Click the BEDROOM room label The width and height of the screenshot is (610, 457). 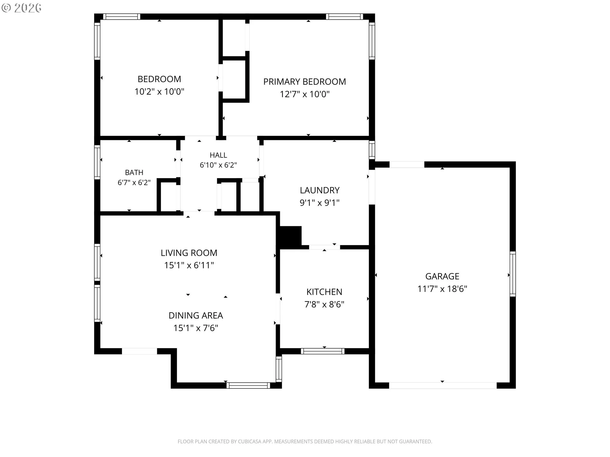159,79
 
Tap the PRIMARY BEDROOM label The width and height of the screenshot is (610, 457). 304,82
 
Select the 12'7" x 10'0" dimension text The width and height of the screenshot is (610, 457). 304,94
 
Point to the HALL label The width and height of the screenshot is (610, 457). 218,155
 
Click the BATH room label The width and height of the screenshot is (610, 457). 134,173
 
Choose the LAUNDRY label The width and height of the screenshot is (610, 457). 320,190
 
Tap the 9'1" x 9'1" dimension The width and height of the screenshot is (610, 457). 320,203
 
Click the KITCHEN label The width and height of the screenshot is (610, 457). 324,292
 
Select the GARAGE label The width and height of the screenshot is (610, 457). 442,276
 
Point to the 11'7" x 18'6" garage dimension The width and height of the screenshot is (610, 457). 442,289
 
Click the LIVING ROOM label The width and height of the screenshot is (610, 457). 189,253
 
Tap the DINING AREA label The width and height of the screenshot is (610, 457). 196,315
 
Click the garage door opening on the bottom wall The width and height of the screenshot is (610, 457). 443,385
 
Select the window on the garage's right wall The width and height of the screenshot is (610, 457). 512,274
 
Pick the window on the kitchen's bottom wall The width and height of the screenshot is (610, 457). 322,351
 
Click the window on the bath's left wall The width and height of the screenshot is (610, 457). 97,161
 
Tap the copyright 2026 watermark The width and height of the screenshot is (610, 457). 21,8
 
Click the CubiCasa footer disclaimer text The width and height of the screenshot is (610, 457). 305,441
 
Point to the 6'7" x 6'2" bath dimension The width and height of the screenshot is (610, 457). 134,182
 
